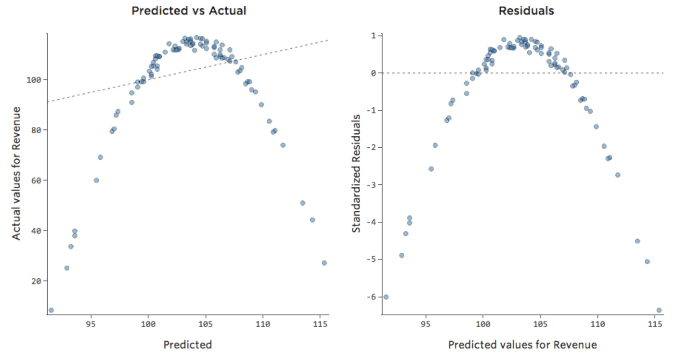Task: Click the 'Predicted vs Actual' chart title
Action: click(188, 11)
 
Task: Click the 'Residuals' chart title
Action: click(526, 11)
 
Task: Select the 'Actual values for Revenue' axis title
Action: click(17, 173)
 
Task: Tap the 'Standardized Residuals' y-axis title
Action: click(356, 173)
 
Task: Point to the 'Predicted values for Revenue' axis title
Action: click(522, 345)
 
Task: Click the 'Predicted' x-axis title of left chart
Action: click(187, 345)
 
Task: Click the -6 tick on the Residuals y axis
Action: click(371, 297)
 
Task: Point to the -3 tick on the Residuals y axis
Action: click(371, 185)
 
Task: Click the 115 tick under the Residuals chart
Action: click(655, 324)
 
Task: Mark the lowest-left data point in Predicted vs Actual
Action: click(51, 310)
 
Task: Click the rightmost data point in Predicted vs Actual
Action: click(324, 263)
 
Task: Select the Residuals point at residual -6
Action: click(386, 297)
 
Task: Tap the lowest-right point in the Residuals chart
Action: click(659, 310)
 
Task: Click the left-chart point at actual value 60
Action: click(96, 180)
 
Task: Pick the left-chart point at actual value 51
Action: click(302, 203)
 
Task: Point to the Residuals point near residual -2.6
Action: click(431, 169)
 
